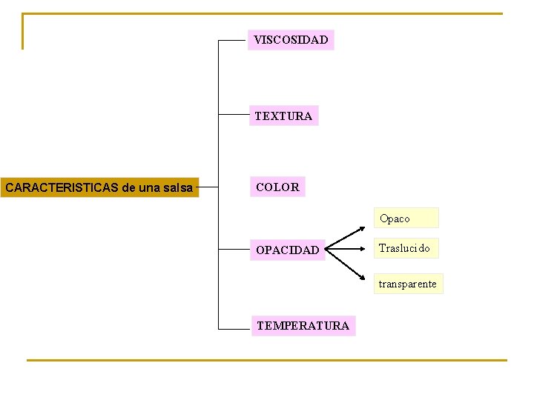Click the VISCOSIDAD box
click(x=291, y=40)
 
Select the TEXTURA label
click(x=283, y=116)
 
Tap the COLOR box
click(x=277, y=187)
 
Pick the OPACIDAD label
click(x=287, y=250)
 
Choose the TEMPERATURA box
click(x=303, y=326)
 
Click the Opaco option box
click(x=406, y=219)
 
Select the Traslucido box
click(x=405, y=248)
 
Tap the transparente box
click(x=408, y=284)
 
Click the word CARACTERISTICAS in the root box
click(x=62, y=188)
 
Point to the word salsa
click(x=178, y=188)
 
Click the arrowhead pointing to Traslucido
click(x=367, y=250)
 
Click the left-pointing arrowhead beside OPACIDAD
click(x=329, y=250)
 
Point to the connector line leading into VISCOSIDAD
click(x=233, y=40)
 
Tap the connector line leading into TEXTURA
click(x=233, y=116)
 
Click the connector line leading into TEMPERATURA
click(x=234, y=327)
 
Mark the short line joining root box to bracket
click(x=209, y=187)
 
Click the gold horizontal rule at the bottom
click(x=267, y=361)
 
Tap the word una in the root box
click(x=150, y=188)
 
